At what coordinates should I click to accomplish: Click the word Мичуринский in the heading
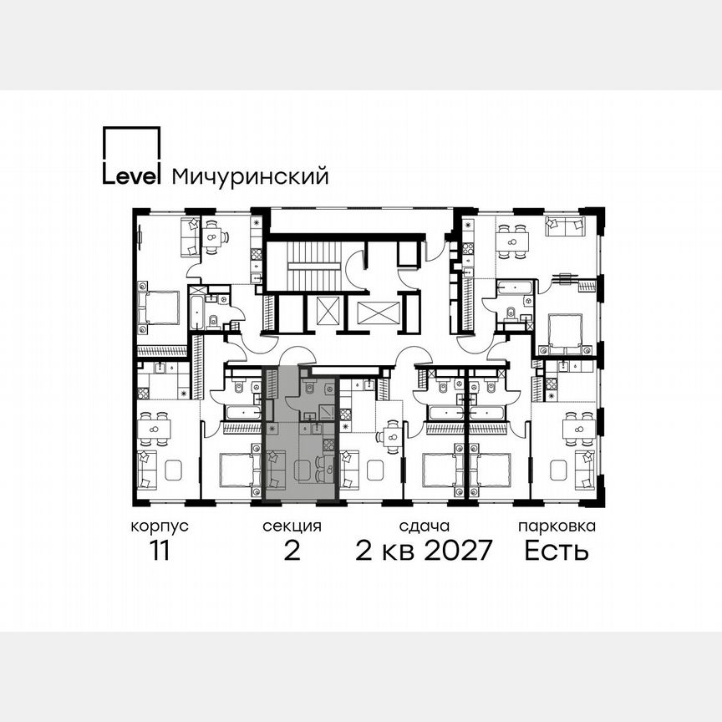(x=249, y=176)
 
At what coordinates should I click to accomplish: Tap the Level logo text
(x=130, y=175)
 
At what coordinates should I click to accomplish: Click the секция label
(x=292, y=526)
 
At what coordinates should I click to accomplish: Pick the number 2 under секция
(x=292, y=552)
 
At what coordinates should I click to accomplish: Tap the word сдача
(x=425, y=526)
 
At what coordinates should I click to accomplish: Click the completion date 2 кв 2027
(x=425, y=552)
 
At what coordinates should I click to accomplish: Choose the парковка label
(x=557, y=526)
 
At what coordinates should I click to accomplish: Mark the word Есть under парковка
(x=557, y=552)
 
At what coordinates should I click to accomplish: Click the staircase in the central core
(x=307, y=265)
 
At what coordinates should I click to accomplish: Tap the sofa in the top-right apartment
(x=566, y=226)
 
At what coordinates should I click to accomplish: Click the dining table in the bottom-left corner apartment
(x=155, y=430)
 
